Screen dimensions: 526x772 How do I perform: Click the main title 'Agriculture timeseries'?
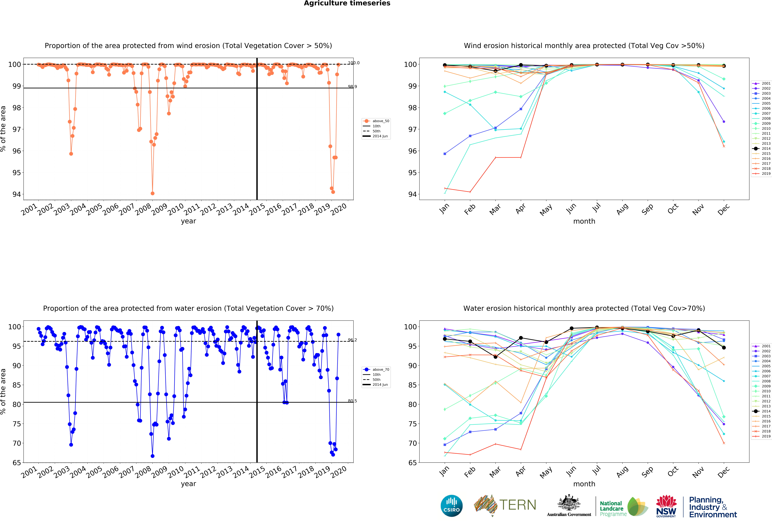(x=347, y=3)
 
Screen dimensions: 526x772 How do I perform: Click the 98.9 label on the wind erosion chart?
(x=352, y=87)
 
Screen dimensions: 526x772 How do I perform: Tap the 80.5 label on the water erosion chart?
(x=352, y=401)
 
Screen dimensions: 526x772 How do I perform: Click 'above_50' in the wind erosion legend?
(x=381, y=121)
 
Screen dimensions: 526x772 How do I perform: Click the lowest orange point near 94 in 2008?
(x=152, y=193)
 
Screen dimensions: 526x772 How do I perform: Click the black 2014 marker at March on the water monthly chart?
(x=495, y=357)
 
